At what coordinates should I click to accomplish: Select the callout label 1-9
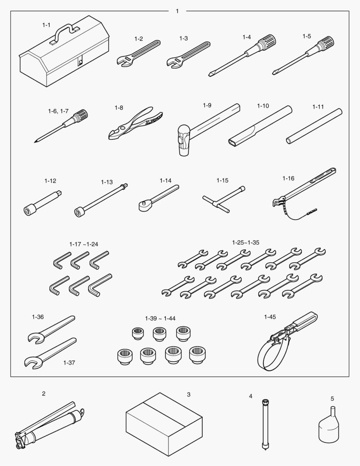(x=207, y=106)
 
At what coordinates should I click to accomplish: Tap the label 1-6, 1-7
(x=58, y=111)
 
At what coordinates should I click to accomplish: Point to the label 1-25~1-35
(x=246, y=242)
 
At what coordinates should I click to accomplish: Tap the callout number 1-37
(x=69, y=362)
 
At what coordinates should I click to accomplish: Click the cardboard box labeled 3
(x=164, y=424)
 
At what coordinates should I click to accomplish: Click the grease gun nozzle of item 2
(x=81, y=412)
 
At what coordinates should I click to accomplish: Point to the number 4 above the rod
(x=250, y=396)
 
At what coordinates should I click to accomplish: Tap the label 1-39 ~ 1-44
(x=160, y=318)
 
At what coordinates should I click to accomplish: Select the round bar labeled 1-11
(x=314, y=126)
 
